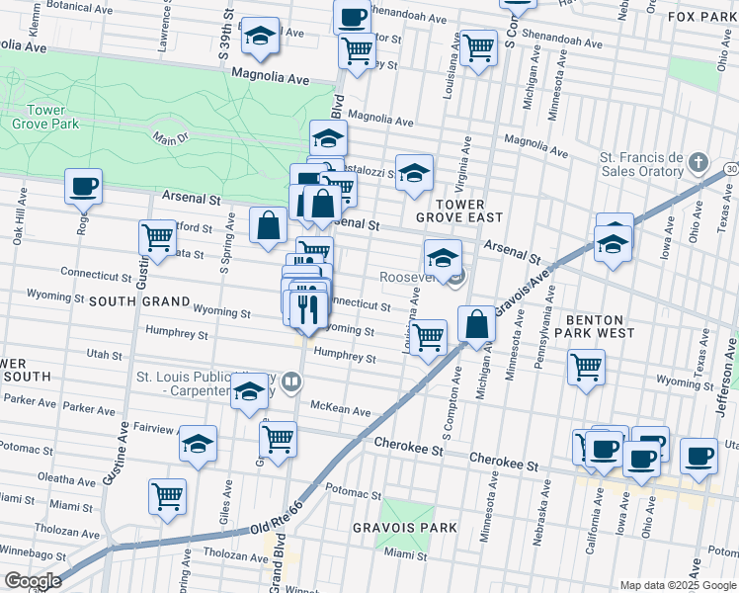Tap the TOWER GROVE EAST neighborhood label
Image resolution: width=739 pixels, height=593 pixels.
459,208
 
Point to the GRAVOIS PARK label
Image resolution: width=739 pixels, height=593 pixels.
405,528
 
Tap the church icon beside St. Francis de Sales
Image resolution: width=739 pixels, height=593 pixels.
698,161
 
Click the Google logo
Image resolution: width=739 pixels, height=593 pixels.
32,581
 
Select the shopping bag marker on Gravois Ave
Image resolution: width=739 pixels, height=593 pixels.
476,324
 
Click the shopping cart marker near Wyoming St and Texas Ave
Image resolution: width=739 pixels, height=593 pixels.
586,368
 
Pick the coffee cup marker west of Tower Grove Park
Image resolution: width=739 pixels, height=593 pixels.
83,185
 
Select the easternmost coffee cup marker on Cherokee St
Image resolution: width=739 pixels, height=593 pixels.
698,456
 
